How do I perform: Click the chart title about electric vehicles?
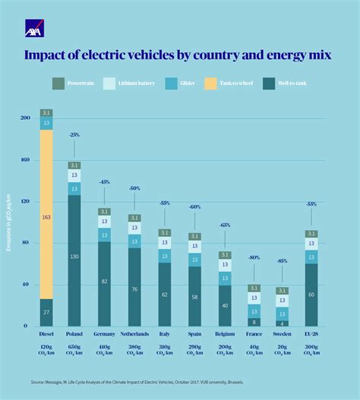pos(179,55)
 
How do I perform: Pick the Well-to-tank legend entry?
pos(284,83)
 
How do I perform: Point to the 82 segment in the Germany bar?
pos(103,282)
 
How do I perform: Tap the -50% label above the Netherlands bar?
pos(134,187)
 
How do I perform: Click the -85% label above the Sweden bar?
pos(282,261)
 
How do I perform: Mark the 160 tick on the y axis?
pos(26,160)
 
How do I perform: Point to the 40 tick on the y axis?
pos(26,285)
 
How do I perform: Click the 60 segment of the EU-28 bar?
pos(311,294)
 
